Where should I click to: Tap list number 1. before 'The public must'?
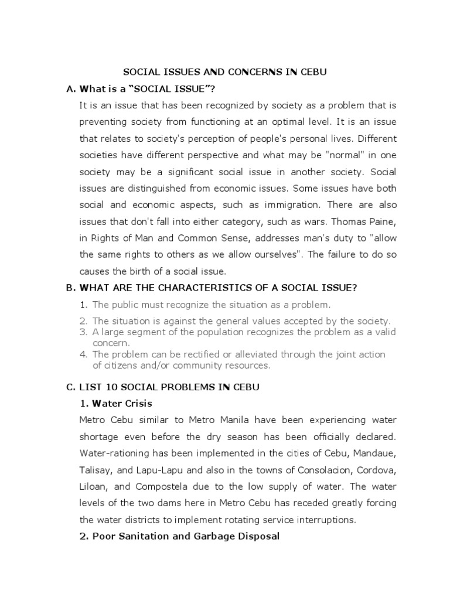click(84, 305)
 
